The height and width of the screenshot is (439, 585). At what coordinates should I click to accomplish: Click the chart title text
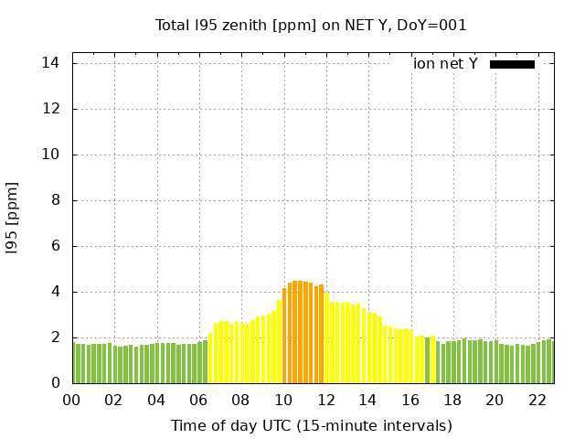(311, 25)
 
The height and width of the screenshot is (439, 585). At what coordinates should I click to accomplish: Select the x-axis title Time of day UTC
(311, 425)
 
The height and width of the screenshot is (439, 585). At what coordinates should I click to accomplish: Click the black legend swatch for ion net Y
(512, 64)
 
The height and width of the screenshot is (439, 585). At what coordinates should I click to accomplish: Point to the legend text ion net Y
(445, 64)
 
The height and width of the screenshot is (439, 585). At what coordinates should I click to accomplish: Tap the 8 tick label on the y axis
(56, 200)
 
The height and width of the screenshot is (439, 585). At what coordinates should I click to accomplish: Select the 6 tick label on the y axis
(56, 246)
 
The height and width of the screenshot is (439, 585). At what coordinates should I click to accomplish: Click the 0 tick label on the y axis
(56, 383)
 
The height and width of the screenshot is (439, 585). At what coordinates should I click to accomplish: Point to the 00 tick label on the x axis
(72, 400)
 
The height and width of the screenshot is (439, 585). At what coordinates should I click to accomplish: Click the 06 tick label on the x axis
(198, 400)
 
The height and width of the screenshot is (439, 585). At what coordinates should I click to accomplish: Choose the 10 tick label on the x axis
(283, 400)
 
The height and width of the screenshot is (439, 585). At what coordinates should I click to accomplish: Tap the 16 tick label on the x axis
(410, 400)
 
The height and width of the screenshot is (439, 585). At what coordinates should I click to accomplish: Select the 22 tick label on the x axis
(537, 400)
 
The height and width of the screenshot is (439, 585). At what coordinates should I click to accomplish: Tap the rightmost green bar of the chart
(551, 361)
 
